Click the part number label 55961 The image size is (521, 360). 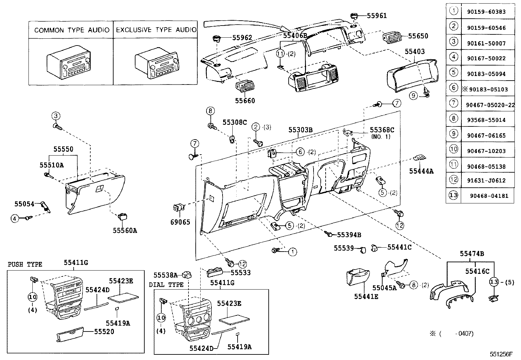(376, 16)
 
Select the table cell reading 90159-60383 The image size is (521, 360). (487, 12)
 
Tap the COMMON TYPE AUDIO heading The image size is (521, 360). (72, 30)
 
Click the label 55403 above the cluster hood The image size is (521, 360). (415, 51)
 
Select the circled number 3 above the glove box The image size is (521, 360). (56, 116)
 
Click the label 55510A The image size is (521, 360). (52, 165)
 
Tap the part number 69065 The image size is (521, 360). (180, 222)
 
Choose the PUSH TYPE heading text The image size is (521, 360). (25, 264)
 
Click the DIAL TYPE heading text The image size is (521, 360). (166, 285)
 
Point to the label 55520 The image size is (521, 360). (104, 332)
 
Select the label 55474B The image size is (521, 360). (472, 254)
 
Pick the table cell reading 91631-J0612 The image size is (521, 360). (487, 180)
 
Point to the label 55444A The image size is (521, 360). (421, 171)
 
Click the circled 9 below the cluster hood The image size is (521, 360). (414, 95)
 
